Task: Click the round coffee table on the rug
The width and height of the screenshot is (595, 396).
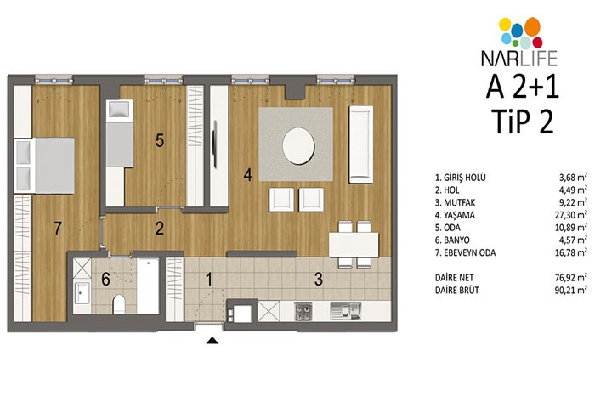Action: (298, 146)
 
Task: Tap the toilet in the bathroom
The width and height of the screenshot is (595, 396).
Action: (119, 304)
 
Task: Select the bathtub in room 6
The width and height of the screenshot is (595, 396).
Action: (148, 286)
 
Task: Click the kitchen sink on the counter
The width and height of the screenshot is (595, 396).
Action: (345, 311)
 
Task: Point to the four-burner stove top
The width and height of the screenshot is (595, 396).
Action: (303, 311)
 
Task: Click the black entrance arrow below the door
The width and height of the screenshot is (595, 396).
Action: (212, 340)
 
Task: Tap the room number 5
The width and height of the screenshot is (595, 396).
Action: (160, 140)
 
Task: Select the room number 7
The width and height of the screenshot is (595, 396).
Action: (58, 229)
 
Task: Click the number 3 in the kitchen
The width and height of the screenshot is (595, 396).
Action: (319, 280)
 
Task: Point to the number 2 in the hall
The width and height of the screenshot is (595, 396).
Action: (160, 229)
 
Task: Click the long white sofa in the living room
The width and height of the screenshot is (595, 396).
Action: (361, 144)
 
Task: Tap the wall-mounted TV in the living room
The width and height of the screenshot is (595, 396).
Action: (215, 144)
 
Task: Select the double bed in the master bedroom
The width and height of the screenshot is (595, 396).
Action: (44, 167)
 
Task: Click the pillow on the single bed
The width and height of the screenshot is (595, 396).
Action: (120, 110)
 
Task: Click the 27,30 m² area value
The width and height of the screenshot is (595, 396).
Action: (571, 215)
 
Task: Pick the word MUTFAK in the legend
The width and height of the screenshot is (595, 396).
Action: (460, 202)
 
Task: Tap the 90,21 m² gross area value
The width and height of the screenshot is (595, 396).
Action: (571, 290)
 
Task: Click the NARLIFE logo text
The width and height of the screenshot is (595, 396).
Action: (519, 59)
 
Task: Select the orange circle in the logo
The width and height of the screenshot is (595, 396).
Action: (532, 26)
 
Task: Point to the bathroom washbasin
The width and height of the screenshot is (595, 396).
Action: (82, 293)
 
